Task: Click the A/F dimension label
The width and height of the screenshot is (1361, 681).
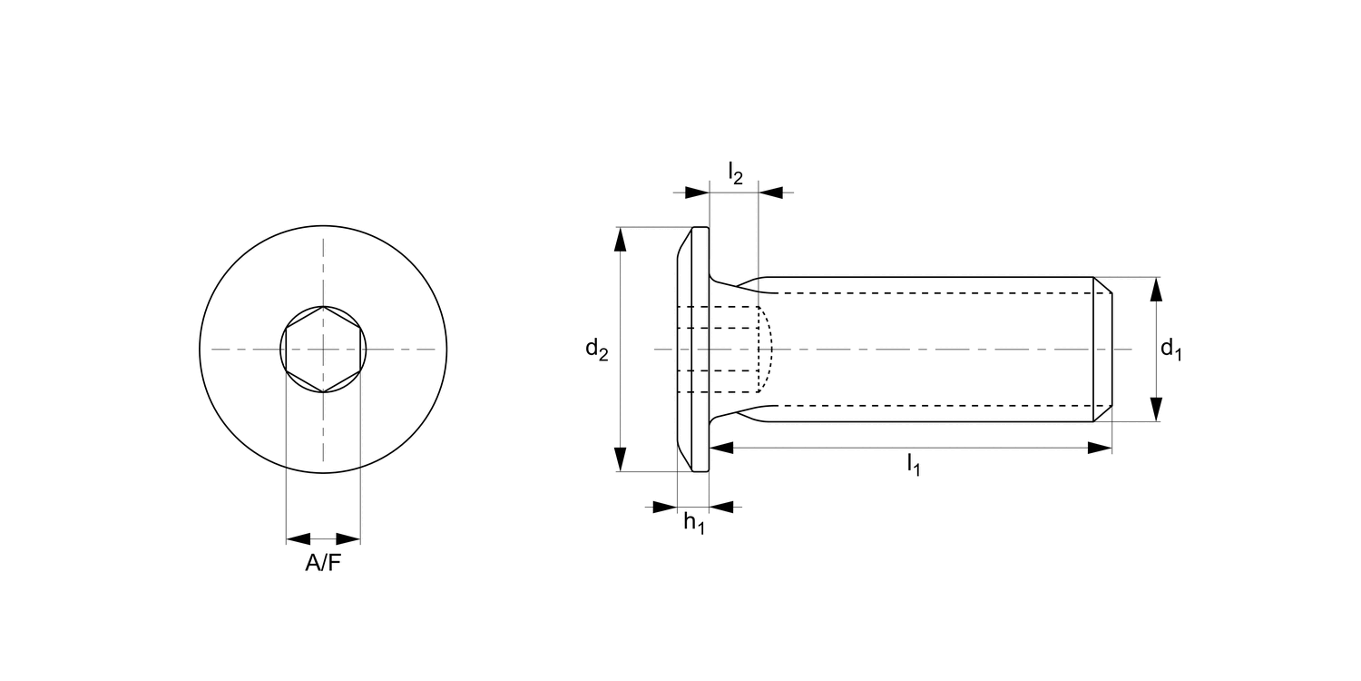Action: coord(323,564)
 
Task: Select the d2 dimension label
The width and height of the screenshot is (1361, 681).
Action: coord(596,349)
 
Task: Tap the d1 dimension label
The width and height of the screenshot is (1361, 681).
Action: coord(1170,349)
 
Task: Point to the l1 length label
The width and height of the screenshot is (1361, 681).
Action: coord(913,466)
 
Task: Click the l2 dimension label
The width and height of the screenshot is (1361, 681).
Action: coord(735,172)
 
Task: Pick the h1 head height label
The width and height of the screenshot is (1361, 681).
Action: coord(694,524)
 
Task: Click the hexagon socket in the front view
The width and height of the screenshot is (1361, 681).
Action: coord(323,349)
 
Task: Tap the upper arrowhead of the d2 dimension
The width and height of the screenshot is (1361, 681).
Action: coord(621,238)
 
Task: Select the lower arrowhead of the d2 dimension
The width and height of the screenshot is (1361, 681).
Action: coord(621,459)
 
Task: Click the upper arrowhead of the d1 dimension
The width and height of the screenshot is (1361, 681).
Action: coord(1156,289)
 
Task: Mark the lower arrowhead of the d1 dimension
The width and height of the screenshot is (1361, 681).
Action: coord(1156,410)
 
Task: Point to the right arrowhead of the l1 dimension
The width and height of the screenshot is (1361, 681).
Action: coord(1100,448)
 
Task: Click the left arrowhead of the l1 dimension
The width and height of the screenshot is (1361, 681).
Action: coord(721,448)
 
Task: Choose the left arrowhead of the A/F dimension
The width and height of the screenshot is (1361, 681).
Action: coord(299,538)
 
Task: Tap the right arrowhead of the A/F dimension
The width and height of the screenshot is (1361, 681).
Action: coord(348,538)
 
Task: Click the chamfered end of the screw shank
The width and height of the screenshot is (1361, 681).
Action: coord(1102,349)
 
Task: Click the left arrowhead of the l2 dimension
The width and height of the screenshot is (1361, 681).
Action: coord(697,192)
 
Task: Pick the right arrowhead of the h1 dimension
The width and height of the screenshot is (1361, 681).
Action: coord(721,508)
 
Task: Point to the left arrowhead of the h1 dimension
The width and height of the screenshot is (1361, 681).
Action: coord(665,508)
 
